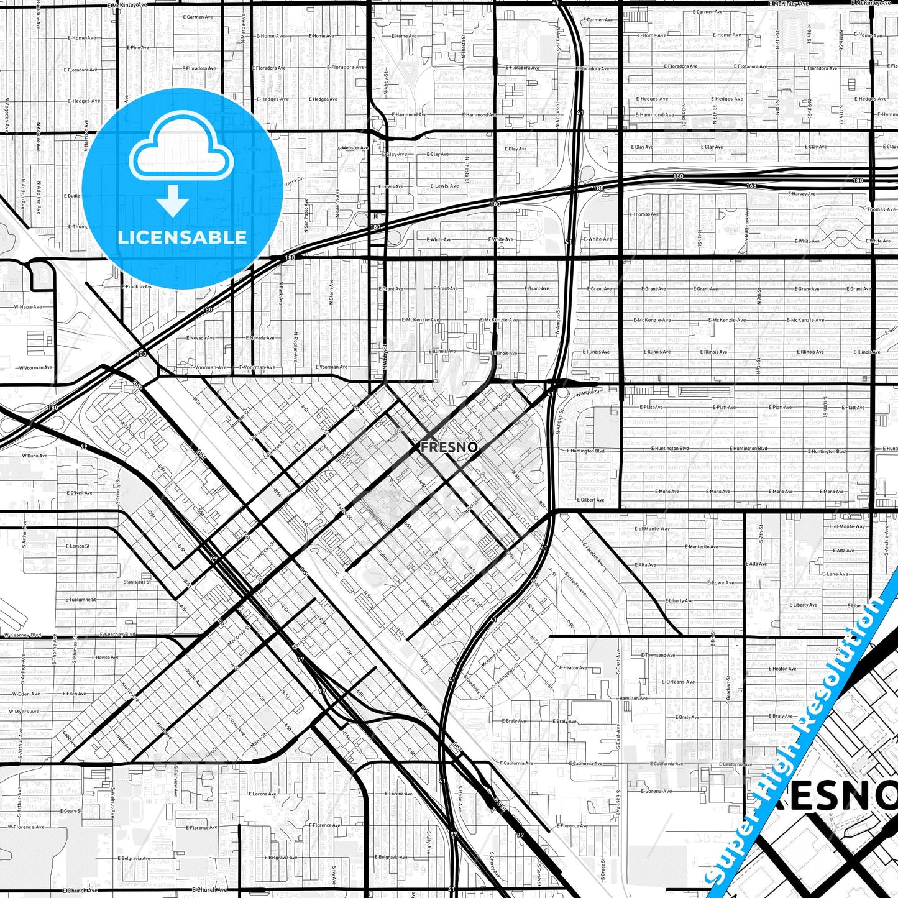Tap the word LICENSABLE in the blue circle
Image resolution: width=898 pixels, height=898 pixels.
click(x=182, y=237)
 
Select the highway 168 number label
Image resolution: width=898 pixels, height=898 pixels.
click(x=752, y=186)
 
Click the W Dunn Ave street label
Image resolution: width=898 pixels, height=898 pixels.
click(x=34, y=456)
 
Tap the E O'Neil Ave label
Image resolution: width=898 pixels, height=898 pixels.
click(x=80, y=493)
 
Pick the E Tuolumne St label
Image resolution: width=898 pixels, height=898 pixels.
click(x=81, y=600)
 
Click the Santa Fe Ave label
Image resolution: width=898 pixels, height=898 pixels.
click(x=575, y=585)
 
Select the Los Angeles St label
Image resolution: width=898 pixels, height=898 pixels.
click(x=505, y=676)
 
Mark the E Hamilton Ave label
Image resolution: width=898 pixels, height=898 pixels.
click(x=631, y=699)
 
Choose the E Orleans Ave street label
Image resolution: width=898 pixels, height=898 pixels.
click(x=679, y=682)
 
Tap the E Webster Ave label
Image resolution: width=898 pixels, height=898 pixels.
click(x=353, y=148)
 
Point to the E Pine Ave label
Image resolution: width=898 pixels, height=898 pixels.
click(x=137, y=48)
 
